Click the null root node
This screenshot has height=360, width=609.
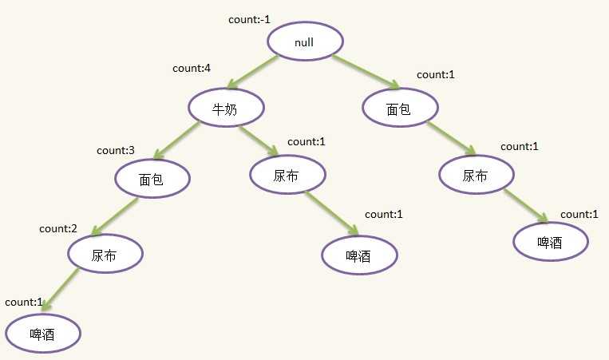pos(305,42)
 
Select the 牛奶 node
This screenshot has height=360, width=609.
pos(226,108)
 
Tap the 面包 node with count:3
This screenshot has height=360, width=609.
pos(152,179)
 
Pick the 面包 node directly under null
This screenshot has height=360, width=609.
pos(400,108)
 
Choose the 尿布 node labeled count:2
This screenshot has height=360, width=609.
pos(105,254)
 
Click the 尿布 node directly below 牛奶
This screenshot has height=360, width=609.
pos(287,175)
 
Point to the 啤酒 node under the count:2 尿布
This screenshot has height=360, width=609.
pos(43,333)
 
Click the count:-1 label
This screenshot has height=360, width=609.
pos(249,19)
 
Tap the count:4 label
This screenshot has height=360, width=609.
pos(192,69)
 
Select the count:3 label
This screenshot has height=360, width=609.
pos(116,150)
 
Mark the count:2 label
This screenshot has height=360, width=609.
pos(58,229)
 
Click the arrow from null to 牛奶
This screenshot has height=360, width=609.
pos(252,72)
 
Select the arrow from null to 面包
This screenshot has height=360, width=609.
pos(366,72)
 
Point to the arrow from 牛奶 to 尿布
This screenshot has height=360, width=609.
pos(259,140)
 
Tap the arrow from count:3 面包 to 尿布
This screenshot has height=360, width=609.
pos(115,217)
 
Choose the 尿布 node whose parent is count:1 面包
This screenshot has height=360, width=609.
pos(477,175)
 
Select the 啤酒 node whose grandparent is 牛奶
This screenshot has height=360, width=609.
pos(360,255)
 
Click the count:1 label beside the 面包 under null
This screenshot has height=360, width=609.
pos(435,74)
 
